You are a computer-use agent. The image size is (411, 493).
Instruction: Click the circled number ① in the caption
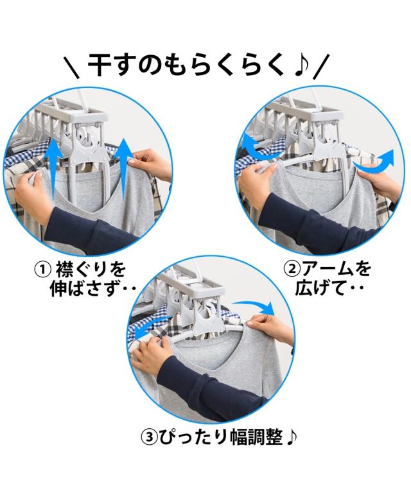42,270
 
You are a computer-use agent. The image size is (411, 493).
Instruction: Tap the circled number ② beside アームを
292,269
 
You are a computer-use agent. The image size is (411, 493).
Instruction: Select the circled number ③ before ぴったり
149,437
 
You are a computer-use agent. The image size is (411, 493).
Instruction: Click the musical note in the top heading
302,65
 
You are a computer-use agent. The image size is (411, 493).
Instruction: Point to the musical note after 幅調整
292,437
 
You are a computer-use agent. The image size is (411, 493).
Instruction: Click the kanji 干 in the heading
98,65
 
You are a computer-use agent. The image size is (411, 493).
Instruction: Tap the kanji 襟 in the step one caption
65,270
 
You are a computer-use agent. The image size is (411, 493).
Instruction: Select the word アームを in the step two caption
337,270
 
